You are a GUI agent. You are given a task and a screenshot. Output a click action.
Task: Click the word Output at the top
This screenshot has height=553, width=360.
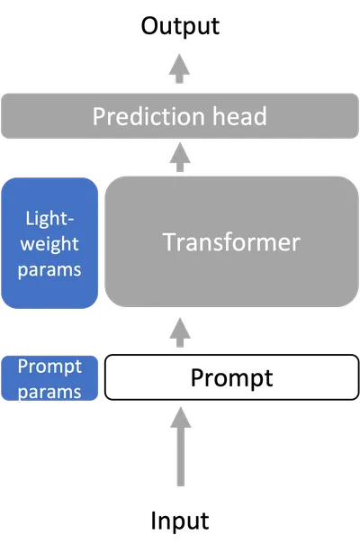pos(180,26)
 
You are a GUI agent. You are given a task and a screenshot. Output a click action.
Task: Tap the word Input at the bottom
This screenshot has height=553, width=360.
pos(180,521)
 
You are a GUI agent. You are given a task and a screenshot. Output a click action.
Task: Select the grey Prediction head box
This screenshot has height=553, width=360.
pos(180,115)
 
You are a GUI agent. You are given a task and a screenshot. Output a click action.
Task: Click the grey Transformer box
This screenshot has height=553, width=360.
pos(231,241)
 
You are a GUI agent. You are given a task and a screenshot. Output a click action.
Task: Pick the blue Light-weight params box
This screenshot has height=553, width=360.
pos(49,243)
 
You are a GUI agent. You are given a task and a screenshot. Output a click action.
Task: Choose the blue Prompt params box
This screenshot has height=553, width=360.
pos(49,378)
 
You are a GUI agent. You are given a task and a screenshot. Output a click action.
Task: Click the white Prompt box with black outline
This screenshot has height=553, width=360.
pos(231,377)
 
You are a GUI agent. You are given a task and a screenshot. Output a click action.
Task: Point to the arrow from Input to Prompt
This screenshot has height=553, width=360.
pos(180,447)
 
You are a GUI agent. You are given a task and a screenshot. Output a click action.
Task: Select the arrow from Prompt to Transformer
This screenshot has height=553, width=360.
pos(180,332)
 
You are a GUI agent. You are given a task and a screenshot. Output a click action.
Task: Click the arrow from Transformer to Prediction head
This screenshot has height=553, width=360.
pos(180,158)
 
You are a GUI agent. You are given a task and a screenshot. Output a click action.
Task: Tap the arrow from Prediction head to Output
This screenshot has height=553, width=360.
pos(179,68)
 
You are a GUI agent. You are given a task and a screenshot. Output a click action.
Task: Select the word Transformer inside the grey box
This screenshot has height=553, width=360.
pos(231,242)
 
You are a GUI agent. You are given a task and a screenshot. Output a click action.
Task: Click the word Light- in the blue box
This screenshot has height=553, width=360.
pos(49,219)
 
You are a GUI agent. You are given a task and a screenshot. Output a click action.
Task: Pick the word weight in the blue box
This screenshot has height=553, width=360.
pos(49,244)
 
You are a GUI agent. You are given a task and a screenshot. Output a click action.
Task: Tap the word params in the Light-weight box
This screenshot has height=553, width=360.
pos(49,270)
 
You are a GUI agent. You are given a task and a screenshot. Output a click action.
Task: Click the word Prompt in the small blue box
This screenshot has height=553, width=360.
pos(49,367)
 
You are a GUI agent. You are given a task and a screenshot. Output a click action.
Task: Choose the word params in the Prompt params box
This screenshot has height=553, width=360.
pos(49,392)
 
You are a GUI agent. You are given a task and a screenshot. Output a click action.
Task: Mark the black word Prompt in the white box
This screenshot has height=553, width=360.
pos(231,378)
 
